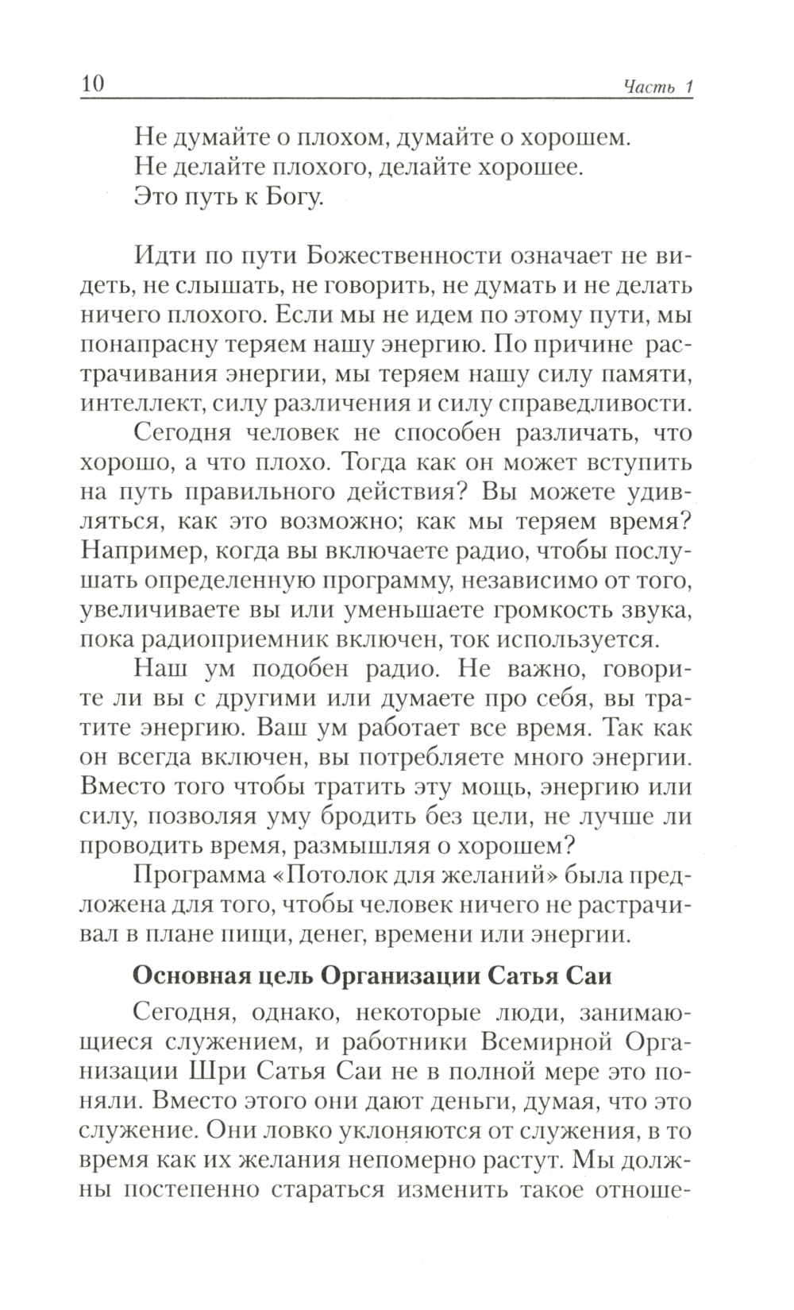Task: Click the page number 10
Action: [x=93, y=84]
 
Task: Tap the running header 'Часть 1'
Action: [x=658, y=87]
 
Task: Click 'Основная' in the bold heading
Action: [x=188, y=976]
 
